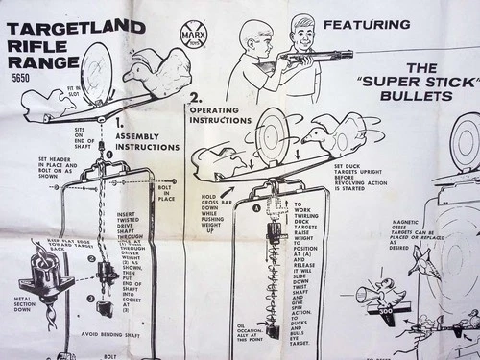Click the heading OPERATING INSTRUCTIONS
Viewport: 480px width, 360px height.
[221, 112]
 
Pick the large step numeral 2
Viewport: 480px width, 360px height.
[195, 98]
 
